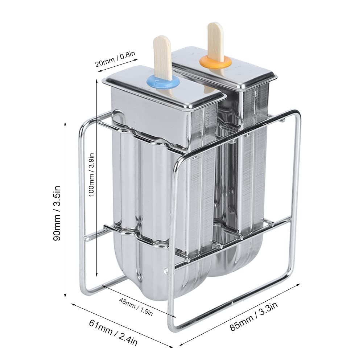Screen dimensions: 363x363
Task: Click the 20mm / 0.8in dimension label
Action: click(115, 59)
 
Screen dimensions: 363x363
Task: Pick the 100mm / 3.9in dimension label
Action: click(91, 174)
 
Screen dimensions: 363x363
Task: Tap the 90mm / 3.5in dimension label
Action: click(57, 213)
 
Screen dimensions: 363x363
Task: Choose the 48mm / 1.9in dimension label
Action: click(136, 306)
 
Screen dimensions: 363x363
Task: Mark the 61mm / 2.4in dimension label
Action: click(113, 333)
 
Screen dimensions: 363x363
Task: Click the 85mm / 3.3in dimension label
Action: click(254, 316)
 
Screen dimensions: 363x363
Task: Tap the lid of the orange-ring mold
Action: click(223, 66)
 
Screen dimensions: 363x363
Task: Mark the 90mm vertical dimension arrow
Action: click(65, 210)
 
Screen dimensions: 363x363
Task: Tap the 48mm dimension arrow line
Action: click(139, 301)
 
